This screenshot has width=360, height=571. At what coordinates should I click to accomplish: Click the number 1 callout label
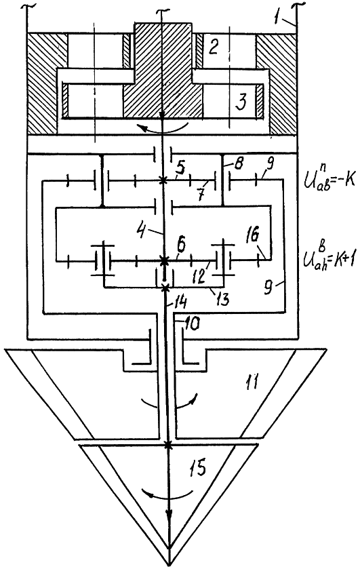[278, 17]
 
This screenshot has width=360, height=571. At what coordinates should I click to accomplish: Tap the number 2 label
[213, 47]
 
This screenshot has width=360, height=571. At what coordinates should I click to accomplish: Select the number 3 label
[241, 101]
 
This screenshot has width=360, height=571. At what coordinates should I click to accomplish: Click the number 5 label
[180, 169]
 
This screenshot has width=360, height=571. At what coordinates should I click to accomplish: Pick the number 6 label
[181, 245]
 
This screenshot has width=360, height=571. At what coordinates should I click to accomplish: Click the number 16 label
[254, 237]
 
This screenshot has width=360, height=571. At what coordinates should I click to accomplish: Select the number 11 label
[251, 383]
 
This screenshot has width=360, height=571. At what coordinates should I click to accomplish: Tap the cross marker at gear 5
[163, 180]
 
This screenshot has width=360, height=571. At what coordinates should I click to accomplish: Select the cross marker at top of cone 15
[168, 445]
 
